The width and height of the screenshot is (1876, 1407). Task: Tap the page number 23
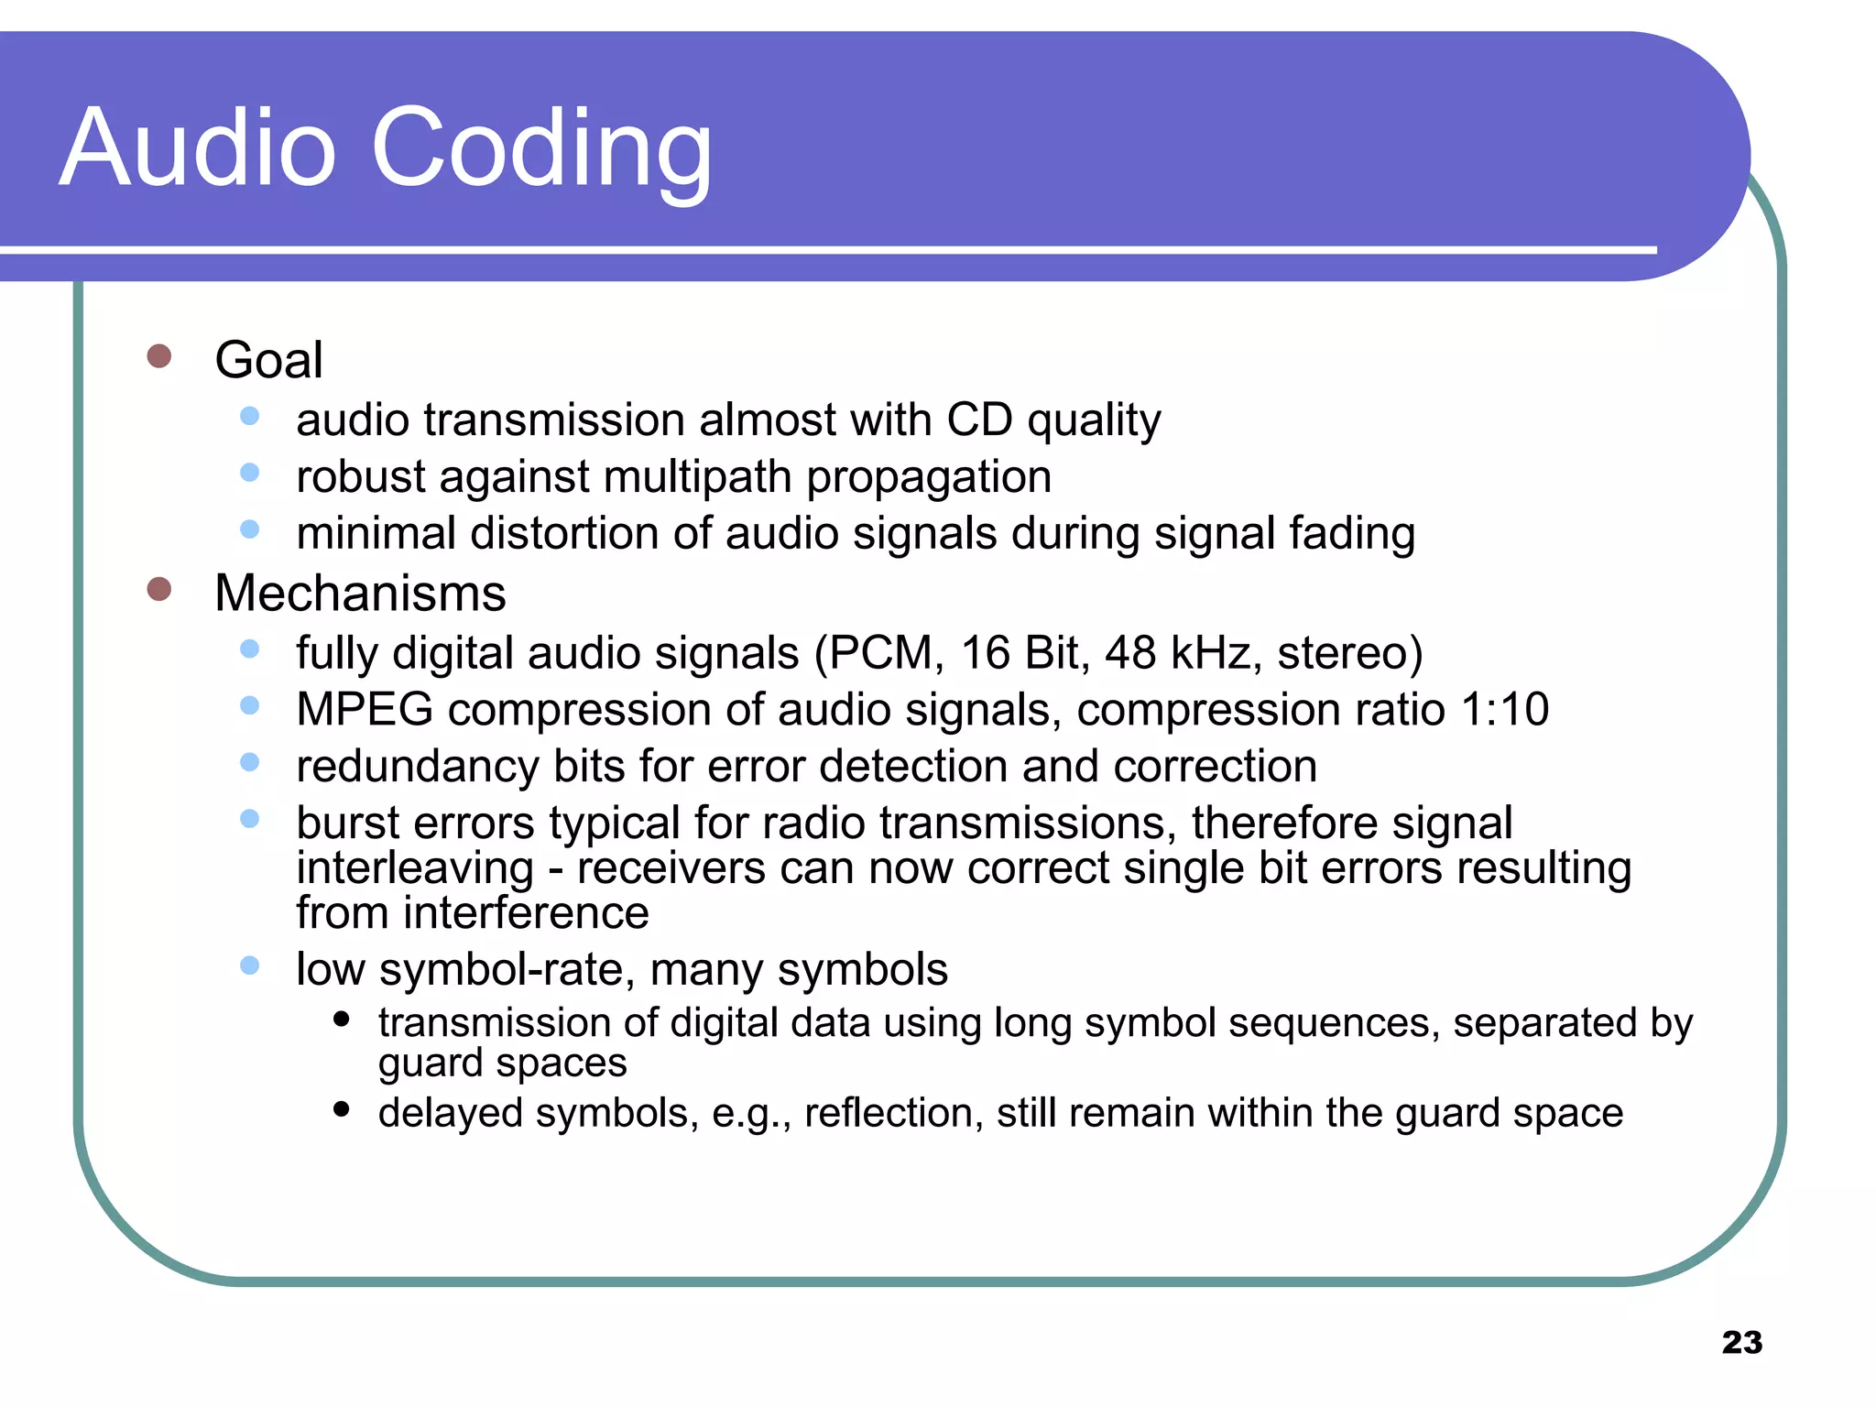click(1741, 1342)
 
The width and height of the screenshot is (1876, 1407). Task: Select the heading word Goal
click(268, 359)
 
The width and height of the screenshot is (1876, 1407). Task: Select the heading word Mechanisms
click(360, 593)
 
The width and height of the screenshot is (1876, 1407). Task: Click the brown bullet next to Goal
click(159, 356)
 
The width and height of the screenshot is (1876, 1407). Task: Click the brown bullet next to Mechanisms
click(159, 589)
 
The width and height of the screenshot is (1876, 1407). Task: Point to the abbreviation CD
click(979, 420)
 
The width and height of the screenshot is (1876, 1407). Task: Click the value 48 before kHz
click(1130, 653)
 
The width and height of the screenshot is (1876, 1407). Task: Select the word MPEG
click(365, 710)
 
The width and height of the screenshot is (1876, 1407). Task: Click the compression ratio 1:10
click(1504, 710)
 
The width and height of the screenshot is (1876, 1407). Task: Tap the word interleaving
click(415, 867)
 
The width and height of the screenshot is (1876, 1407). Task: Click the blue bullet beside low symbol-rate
click(249, 965)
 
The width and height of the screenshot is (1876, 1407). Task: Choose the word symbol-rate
click(507, 969)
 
